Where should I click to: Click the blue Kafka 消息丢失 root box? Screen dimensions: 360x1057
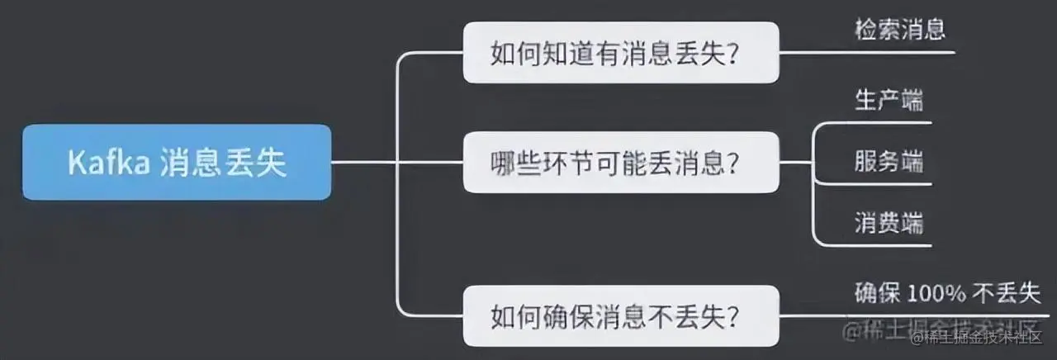tap(177, 163)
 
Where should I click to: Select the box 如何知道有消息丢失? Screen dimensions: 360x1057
tap(620, 53)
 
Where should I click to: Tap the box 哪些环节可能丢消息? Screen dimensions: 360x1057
tap(620, 163)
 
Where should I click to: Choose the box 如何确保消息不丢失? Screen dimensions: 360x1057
tap(620, 315)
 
